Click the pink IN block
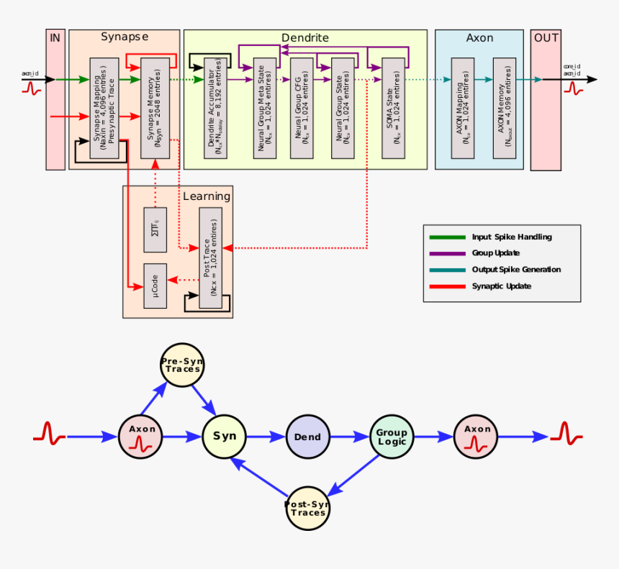[x=55, y=100]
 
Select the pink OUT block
[x=546, y=100]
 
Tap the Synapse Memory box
[x=155, y=108]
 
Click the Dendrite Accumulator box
[x=216, y=108]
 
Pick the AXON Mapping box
[x=463, y=108]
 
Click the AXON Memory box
[x=505, y=108]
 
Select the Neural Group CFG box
[x=302, y=108]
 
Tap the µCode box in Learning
[x=155, y=286]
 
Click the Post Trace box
[x=211, y=258]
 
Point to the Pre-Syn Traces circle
[x=181, y=365]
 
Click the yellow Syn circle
[x=225, y=436]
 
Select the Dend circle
[x=308, y=437]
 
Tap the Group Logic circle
[x=392, y=437]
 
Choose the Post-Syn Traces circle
[x=308, y=509]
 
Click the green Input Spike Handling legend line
[x=447, y=237]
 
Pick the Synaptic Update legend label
[x=502, y=286]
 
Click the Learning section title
[x=207, y=196]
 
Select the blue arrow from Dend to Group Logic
[x=350, y=437]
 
